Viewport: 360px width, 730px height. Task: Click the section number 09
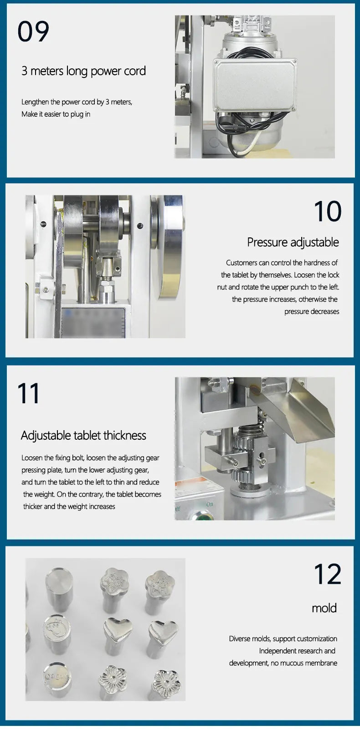(x=33, y=31)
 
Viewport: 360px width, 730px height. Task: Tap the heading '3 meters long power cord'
(x=84, y=71)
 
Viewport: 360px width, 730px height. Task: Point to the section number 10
(x=328, y=211)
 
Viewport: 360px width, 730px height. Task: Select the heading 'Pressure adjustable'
(x=293, y=242)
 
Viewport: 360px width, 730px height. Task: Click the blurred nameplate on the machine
(x=93, y=322)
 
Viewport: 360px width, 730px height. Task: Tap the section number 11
(x=28, y=393)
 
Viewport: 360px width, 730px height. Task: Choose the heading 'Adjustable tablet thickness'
(x=83, y=435)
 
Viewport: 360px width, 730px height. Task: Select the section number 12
(x=328, y=574)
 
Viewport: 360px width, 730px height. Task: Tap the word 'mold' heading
(x=324, y=608)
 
